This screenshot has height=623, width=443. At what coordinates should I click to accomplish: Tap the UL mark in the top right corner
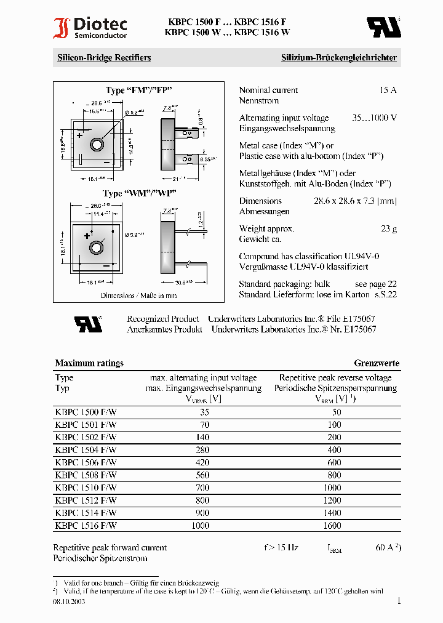[x=384, y=27]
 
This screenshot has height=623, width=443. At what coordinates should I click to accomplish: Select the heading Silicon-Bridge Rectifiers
[x=104, y=58]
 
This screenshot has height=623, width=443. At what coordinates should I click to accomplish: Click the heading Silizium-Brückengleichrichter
[x=338, y=58]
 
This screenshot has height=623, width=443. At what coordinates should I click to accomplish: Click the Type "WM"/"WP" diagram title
[x=140, y=193]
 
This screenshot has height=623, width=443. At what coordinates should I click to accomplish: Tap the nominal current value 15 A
[x=388, y=90]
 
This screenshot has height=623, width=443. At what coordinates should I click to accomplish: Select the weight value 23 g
[x=388, y=228]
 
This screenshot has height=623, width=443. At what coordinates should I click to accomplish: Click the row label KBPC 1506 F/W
[x=86, y=462]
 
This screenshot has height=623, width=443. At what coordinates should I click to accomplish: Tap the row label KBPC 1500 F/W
[x=86, y=412]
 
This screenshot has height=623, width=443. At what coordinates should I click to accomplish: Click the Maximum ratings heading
[x=89, y=363]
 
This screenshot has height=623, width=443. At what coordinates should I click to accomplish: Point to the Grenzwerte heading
[x=377, y=363]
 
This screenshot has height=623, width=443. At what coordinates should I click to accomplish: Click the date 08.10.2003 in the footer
[x=69, y=601]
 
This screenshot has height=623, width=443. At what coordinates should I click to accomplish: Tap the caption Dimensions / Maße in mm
[x=139, y=295]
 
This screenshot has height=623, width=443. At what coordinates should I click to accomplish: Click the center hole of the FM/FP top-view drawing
[x=97, y=144]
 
